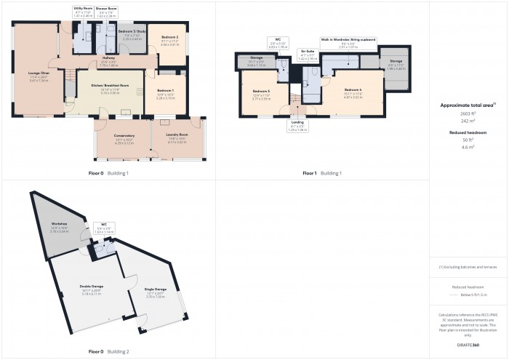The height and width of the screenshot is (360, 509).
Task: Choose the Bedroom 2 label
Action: point(169,36)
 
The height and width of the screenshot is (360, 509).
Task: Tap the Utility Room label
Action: point(83,8)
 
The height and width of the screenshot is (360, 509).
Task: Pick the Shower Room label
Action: point(106,8)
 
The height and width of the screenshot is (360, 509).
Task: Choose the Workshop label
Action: point(60,223)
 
